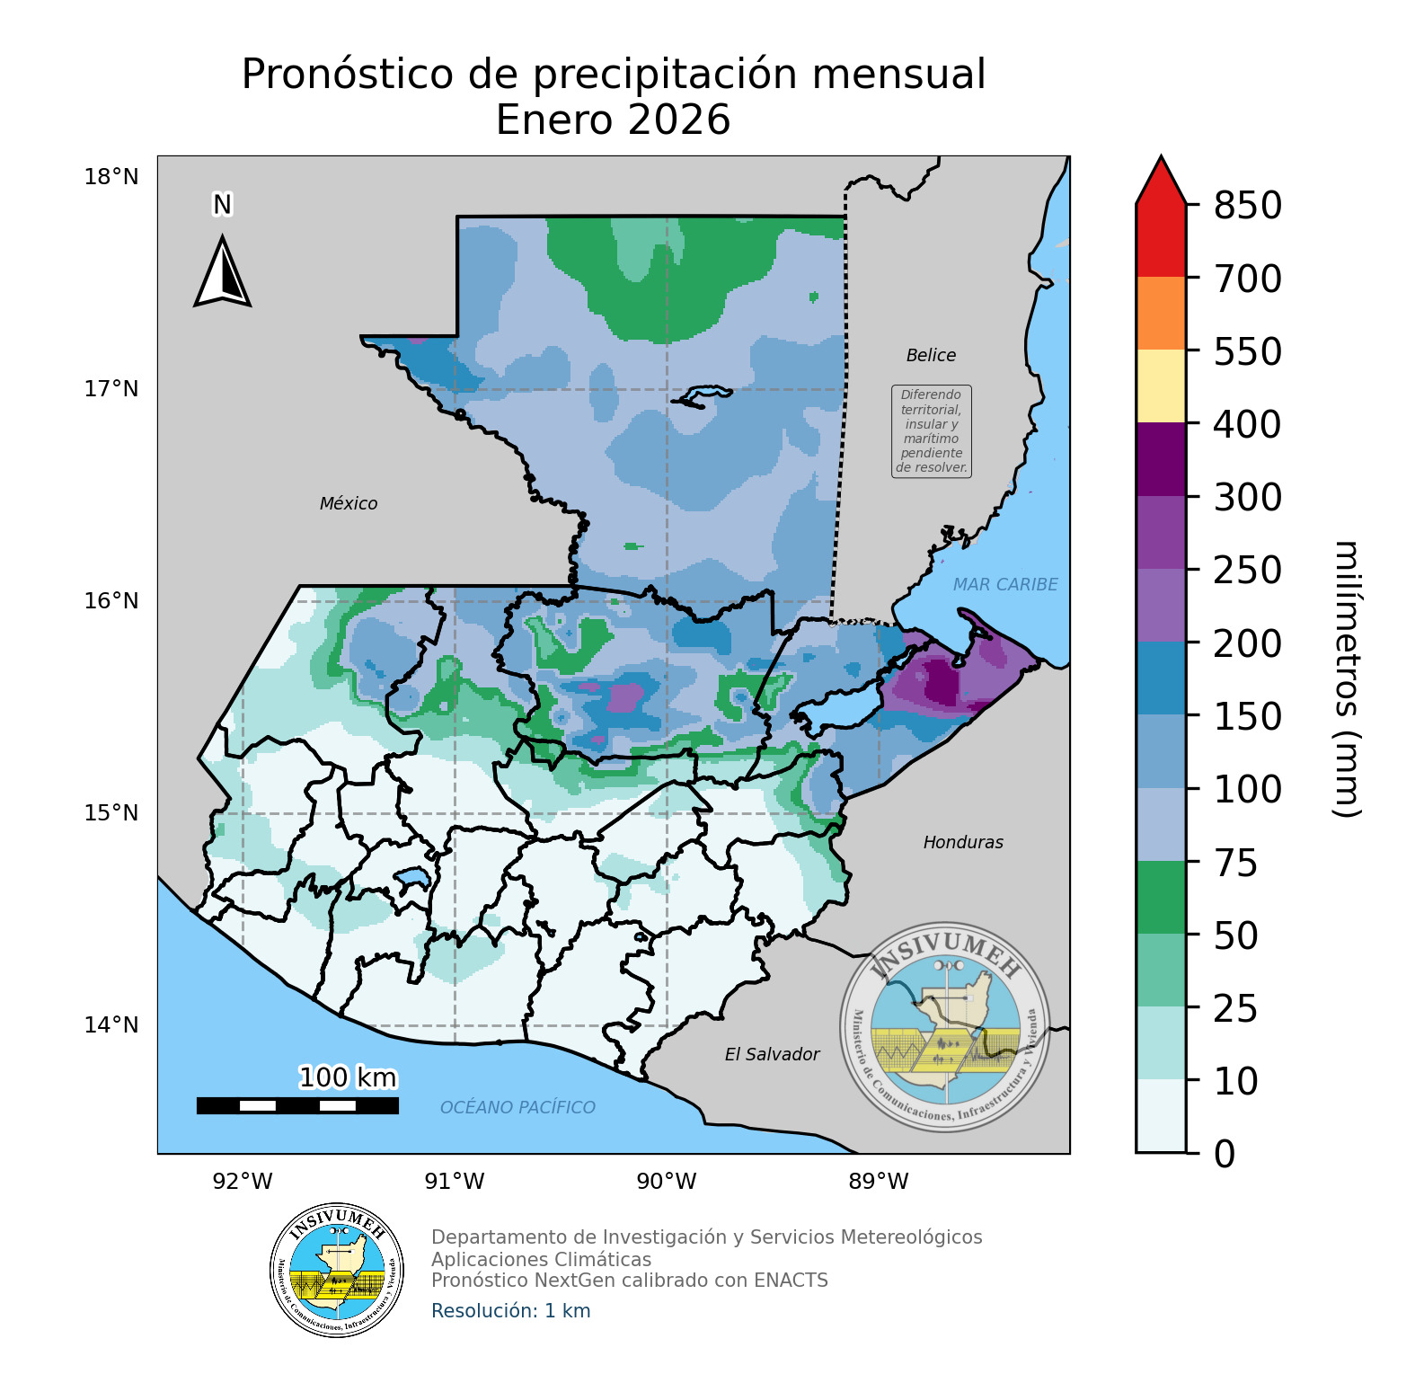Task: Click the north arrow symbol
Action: (222, 271)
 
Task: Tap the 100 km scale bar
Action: (297, 1105)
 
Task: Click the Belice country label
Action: (931, 356)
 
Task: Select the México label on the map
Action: (349, 504)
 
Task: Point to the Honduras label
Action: (963, 843)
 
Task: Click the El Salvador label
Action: (772, 1055)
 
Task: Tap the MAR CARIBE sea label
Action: (1005, 585)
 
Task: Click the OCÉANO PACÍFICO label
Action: (517, 1108)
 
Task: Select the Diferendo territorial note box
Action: (932, 431)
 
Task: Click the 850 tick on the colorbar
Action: (1247, 206)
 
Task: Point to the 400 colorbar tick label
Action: (1247, 424)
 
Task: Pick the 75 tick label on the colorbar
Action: (1235, 863)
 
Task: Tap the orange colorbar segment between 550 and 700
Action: (1161, 313)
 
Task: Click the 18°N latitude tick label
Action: (111, 177)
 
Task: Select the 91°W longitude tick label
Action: (455, 1182)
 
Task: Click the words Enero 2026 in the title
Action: (613, 120)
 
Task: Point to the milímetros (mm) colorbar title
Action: (1345, 679)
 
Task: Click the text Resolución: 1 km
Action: (511, 1311)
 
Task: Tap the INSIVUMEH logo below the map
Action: (337, 1271)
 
